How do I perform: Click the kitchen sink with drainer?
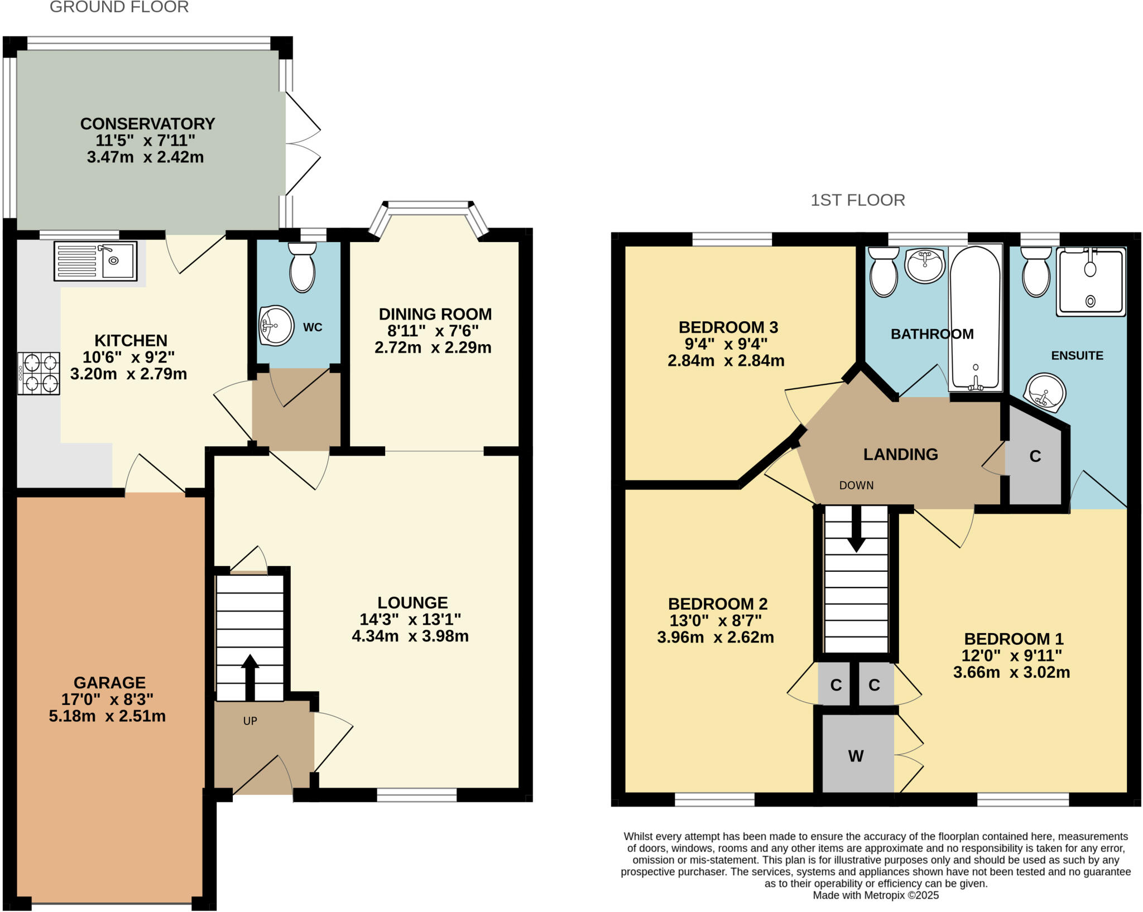(x=95, y=260)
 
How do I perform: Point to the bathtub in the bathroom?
(x=975, y=318)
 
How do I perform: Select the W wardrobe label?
(x=856, y=756)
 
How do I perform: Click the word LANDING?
(x=900, y=455)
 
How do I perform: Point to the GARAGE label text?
(x=109, y=682)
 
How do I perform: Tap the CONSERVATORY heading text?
(x=147, y=123)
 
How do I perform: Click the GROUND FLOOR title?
(x=119, y=7)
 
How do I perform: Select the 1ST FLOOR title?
(x=857, y=200)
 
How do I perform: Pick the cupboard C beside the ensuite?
(x=1035, y=456)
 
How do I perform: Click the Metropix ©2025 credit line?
(x=876, y=895)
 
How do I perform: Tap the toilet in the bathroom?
(x=883, y=273)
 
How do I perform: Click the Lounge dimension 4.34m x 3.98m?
(x=410, y=636)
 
